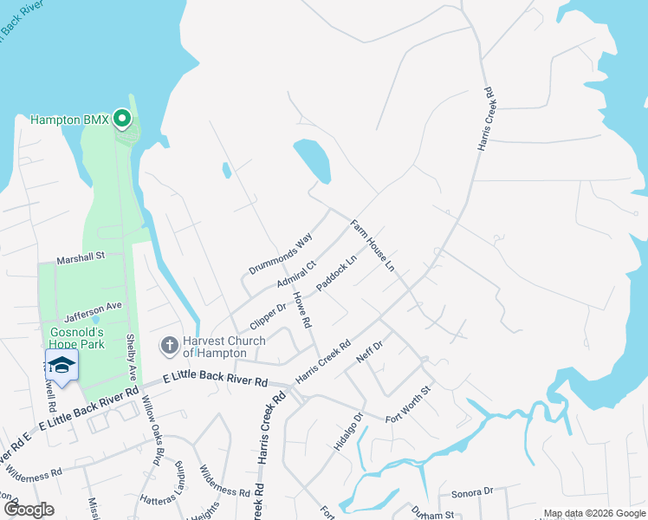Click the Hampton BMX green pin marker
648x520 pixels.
[x=123, y=118]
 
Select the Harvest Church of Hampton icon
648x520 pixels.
[x=169, y=345]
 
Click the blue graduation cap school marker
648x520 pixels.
[x=62, y=366]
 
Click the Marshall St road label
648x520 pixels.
[x=81, y=257]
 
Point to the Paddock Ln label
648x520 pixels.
[x=336, y=274]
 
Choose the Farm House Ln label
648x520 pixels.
[x=373, y=245]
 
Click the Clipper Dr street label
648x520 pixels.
[x=268, y=315]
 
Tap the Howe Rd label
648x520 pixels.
[x=301, y=309]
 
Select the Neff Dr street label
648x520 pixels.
[x=369, y=350]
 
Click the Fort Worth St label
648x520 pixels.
[x=408, y=405]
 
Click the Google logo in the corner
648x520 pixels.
[x=28, y=510]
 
